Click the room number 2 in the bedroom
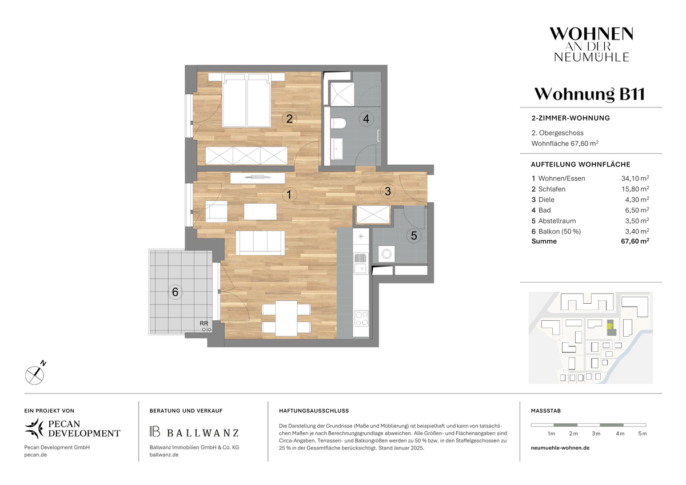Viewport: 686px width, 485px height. coord(289,118)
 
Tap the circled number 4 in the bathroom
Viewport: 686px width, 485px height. coord(366,118)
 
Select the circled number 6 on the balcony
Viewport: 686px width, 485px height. coord(175,292)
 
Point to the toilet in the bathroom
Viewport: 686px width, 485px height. coord(338,124)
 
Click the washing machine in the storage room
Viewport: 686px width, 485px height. coord(386,254)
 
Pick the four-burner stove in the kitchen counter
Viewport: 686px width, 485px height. coord(361,319)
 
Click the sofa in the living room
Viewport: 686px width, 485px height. coord(260,243)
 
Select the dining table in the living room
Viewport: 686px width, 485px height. coord(286,319)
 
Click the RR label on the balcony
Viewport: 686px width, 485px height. coord(204,323)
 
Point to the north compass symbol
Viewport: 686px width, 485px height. coord(35,375)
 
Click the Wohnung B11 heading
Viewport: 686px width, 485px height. coord(589,94)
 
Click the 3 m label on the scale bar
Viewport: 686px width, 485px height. coord(596,434)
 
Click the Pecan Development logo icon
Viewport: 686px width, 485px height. coord(34,428)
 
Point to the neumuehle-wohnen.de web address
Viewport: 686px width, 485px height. coord(560,448)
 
